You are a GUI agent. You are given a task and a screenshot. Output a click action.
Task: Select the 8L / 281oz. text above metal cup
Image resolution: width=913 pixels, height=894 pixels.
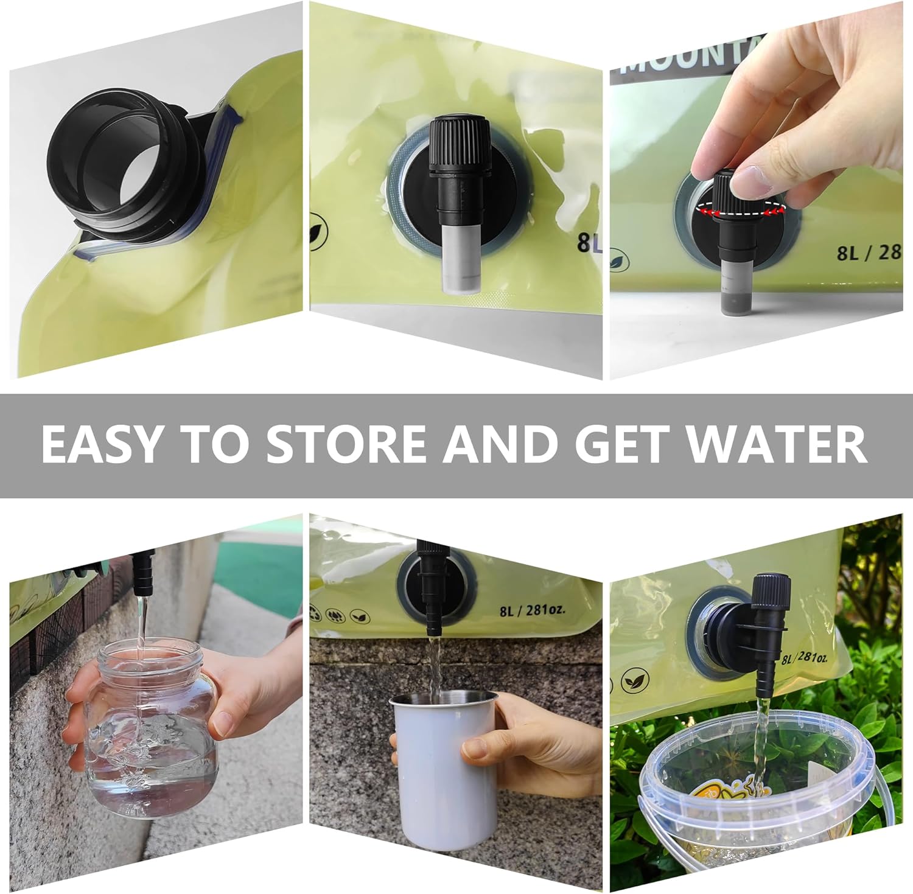point(533,610)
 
